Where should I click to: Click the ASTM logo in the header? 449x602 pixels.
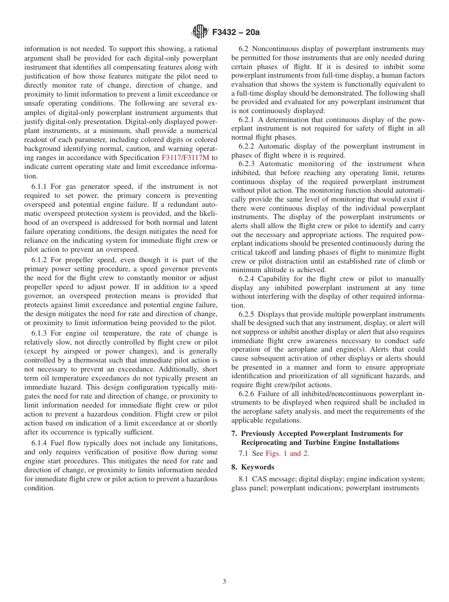point(199,32)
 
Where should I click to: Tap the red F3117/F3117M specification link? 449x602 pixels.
point(186,158)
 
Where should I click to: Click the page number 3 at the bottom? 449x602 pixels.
point(224,581)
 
